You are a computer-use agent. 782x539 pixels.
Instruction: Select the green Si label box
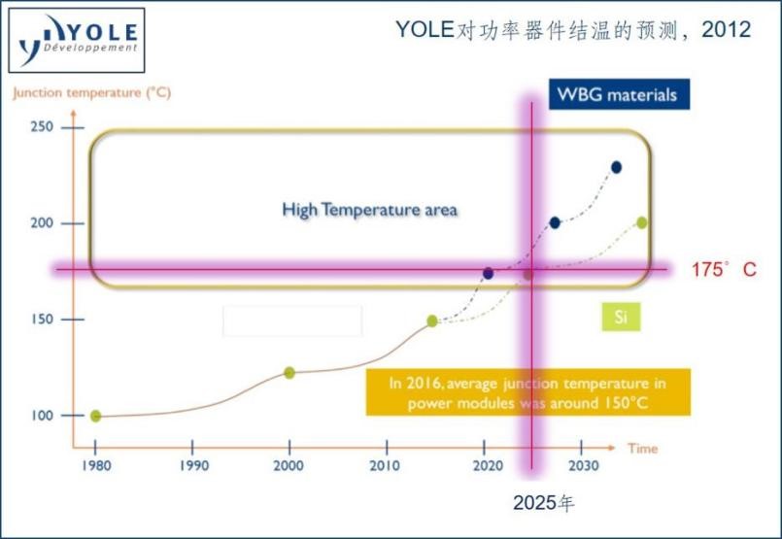tap(620, 317)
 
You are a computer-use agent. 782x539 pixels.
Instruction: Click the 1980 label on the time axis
tap(95, 465)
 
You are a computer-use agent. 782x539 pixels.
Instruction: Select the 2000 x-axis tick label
tap(289, 465)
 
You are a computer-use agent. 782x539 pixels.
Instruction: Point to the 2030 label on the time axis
tap(581, 465)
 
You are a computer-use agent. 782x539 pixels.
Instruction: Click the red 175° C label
tap(723, 270)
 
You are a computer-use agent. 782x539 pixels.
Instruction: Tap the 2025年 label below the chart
tap(545, 504)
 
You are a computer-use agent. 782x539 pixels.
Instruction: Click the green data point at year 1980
tap(95, 416)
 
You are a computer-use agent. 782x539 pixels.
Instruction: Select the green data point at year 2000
tap(289, 373)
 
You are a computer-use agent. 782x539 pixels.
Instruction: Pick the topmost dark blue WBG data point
tap(616, 167)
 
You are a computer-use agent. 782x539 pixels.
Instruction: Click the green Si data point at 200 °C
tap(641, 222)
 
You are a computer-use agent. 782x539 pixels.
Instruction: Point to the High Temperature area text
tap(369, 209)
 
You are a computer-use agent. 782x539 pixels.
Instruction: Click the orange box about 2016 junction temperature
tap(528, 392)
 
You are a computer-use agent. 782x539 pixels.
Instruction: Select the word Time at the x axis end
tap(641, 449)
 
